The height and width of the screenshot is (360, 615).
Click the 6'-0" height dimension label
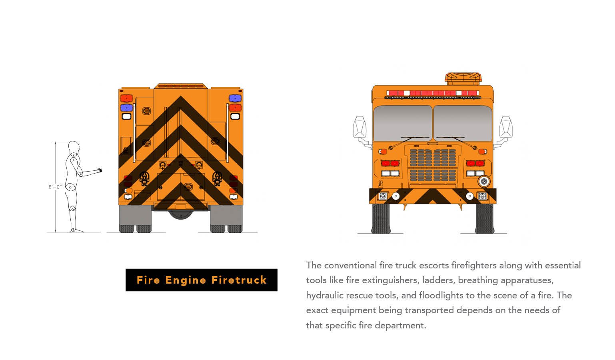tap(55, 187)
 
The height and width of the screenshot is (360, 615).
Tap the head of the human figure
tap(74, 148)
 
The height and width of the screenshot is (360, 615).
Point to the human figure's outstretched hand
tap(100, 170)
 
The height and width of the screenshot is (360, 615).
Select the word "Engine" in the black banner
tap(186, 280)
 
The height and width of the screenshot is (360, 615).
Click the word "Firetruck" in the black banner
tap(239, 280)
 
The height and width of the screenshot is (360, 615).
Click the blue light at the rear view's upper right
tap(235, 98)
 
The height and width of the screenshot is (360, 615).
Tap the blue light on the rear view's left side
tap(126, 108)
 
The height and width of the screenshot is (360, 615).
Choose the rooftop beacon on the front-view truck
tap(463, 79)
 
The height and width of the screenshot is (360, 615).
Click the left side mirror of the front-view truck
tap(359, 127)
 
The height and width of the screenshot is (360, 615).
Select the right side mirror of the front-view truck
tap(506, 127)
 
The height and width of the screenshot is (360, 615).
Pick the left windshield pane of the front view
tap(403, 123)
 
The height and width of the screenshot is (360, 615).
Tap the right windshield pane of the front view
tap(463, 123)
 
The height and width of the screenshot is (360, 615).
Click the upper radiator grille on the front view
tap(433, 158)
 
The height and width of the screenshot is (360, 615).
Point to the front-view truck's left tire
tap(381, 218)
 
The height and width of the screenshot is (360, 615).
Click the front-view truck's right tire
tap(485, 218)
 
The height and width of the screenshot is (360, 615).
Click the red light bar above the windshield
tap(433, 93)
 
